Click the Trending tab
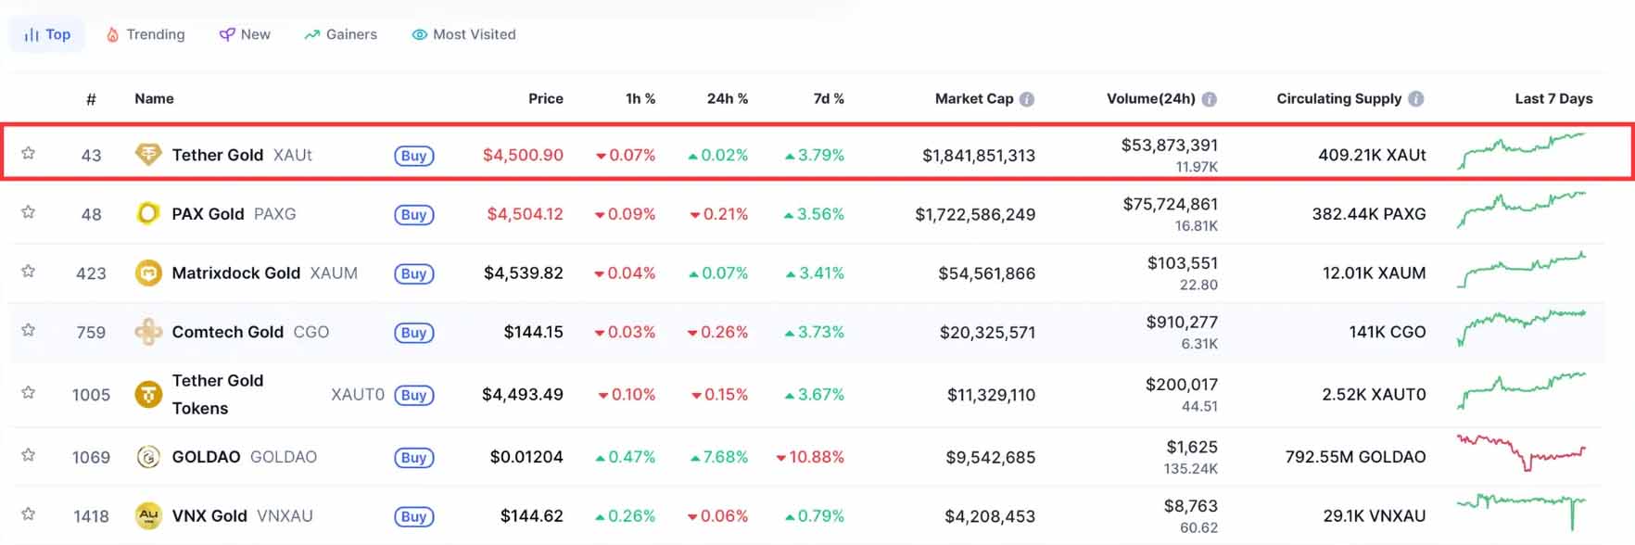click(x=146, y=34)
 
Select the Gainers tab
click(x=341, y=34)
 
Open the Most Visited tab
click(x=464, y=34)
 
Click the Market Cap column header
click(x=973, y=98)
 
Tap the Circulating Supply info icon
click(x=1415, y=98)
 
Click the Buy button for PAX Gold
click(x=413, y=215)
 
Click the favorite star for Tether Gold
click(x=29, y=153)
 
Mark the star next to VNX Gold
click(x=29, y=513)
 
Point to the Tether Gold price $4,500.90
click(x=523, y=155)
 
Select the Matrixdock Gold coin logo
click(x=148, y=272)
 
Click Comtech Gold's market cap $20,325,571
click(x=987, y=332)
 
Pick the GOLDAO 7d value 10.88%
click(x=810, y=457)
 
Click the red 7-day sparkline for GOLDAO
click(x=1521, y=452)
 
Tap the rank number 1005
click(x=91, y=395)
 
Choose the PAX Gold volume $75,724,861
click(x=1170, y=204)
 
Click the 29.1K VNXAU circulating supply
click(x=1374, y=516)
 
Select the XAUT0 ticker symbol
click(x=358, y=395)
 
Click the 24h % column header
click(x=727, y=98)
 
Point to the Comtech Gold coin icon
click(x=148, y=332)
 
